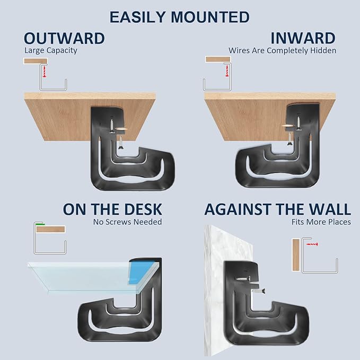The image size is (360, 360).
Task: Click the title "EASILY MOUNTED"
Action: coord(180,17)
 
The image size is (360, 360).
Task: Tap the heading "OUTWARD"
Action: coord(64,38)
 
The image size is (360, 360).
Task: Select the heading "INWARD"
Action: coord(303,38)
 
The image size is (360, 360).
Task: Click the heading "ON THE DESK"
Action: coord(112,208)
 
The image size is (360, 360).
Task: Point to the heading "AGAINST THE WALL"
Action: coord(277,208)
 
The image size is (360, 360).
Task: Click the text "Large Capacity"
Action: coord(51,51)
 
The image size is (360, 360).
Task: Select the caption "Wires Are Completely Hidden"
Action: coord(282,51)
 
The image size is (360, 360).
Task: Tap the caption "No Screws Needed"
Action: coord(127,222)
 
